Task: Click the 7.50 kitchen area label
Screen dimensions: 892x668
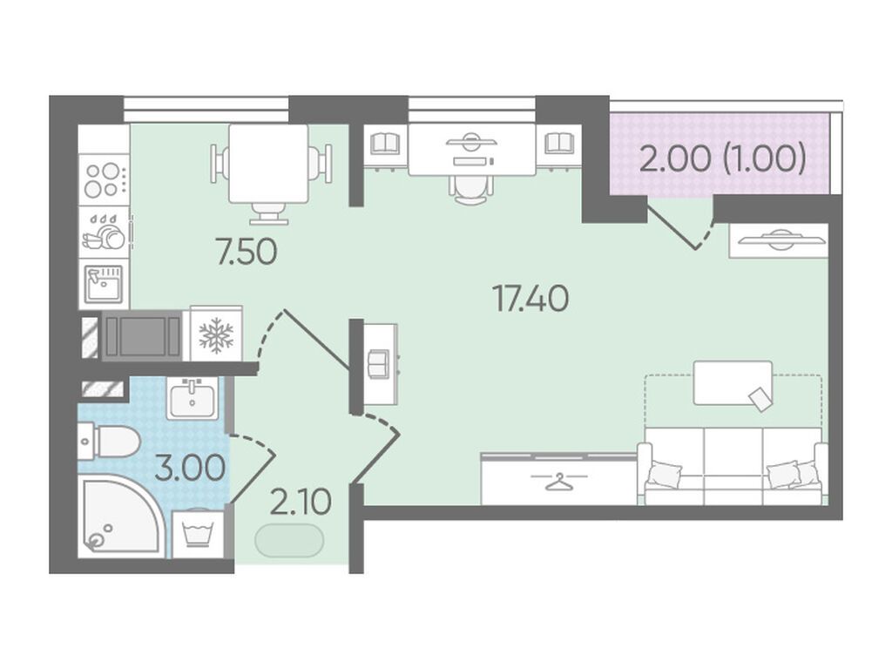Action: [247, 252]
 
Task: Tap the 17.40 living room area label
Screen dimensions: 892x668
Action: [530, 299]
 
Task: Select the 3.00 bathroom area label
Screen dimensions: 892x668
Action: [189, 469]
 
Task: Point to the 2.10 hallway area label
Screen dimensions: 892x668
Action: [301, 502]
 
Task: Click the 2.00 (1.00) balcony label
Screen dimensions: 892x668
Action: [723, 159]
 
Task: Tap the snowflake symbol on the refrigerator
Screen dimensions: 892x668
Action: [216, 335]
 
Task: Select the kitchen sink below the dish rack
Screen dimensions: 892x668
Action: [105, 283]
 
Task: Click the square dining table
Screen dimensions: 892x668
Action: [268, 164]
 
